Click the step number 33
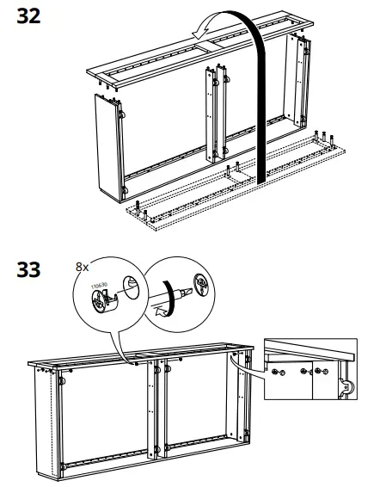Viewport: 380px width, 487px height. coord(29,270)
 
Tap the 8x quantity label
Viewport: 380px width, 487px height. coord(82,268)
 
